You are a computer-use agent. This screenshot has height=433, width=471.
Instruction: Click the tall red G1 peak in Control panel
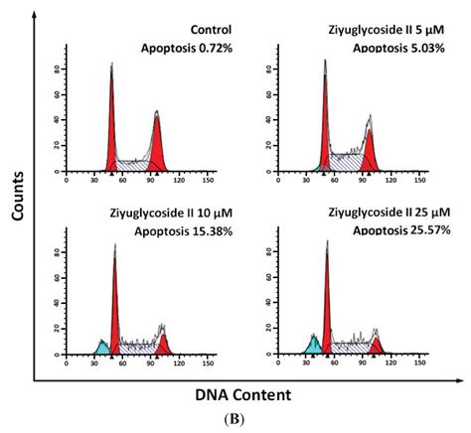tap(111, 129)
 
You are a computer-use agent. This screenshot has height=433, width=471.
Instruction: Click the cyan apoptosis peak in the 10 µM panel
tap(101, 347)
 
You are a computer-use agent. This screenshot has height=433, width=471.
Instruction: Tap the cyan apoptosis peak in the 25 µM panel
tap(314, 345)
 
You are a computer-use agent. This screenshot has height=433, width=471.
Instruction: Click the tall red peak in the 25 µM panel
tap(327, 308)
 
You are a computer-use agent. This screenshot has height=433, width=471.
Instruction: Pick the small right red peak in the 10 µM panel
tap(162, 344)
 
